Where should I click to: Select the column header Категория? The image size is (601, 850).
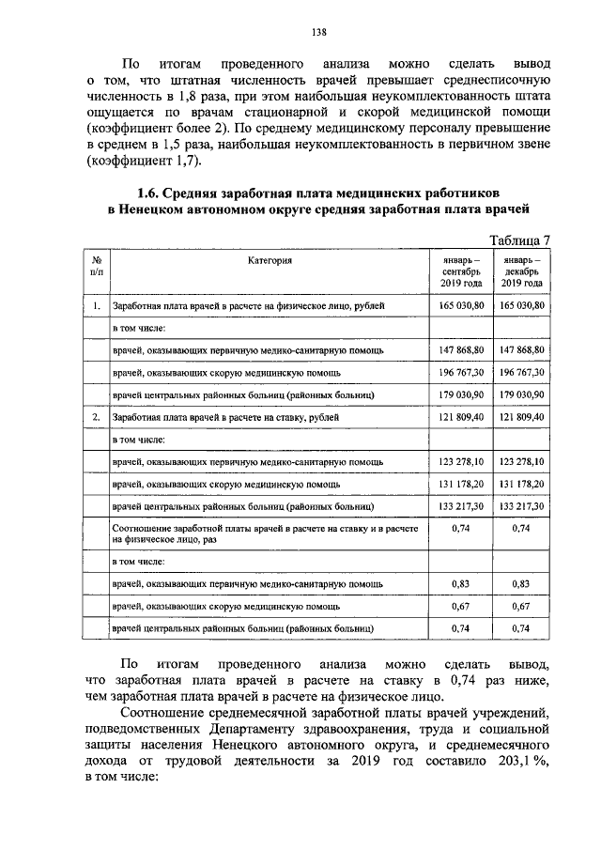(x=270, y=258)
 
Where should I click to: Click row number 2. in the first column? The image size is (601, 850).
(x=97, y=416)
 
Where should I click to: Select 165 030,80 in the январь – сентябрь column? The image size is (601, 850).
(x=460, y=306)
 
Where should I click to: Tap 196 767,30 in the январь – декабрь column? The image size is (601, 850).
(x=521, y=372)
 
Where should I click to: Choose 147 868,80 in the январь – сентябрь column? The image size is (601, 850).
(x=460, y=350)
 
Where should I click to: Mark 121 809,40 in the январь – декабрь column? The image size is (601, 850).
(x=521, y=416)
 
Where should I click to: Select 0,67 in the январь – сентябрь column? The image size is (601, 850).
(x=460, y=606)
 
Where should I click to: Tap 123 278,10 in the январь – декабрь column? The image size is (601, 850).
(x=521, y=461)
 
